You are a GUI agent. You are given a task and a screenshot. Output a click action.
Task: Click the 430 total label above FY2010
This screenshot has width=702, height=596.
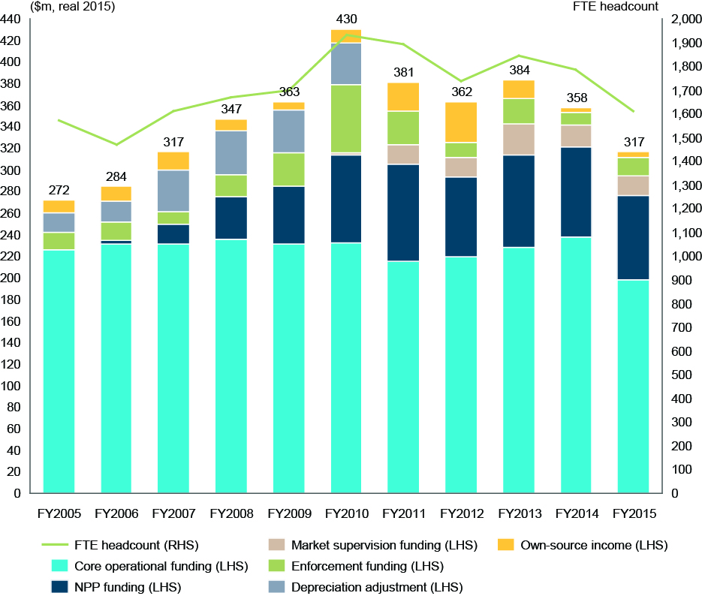coord(346,19)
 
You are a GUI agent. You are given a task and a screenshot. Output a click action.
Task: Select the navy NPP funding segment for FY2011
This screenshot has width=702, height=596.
coord(403,212)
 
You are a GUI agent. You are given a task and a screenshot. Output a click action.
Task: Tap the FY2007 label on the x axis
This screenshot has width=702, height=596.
coord(174,514)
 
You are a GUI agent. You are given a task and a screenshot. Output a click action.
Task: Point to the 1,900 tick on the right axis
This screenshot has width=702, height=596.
coord(679,44)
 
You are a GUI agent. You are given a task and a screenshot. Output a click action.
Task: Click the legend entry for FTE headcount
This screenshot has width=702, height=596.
coord(119,544)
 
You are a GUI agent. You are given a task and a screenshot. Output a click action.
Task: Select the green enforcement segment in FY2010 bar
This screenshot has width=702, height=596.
coord(346,119)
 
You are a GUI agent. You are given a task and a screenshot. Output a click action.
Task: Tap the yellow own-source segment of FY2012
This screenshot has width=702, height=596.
coord(460,122)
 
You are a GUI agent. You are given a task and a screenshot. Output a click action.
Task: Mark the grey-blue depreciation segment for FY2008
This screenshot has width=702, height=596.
coord(231,153)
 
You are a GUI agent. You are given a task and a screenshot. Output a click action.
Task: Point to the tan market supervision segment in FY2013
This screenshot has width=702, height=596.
coord(518,139)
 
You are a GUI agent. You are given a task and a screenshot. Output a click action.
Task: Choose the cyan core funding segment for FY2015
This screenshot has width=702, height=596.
coord(633,387)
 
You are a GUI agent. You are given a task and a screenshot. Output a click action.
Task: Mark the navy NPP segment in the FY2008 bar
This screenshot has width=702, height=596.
coord(231,218)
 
